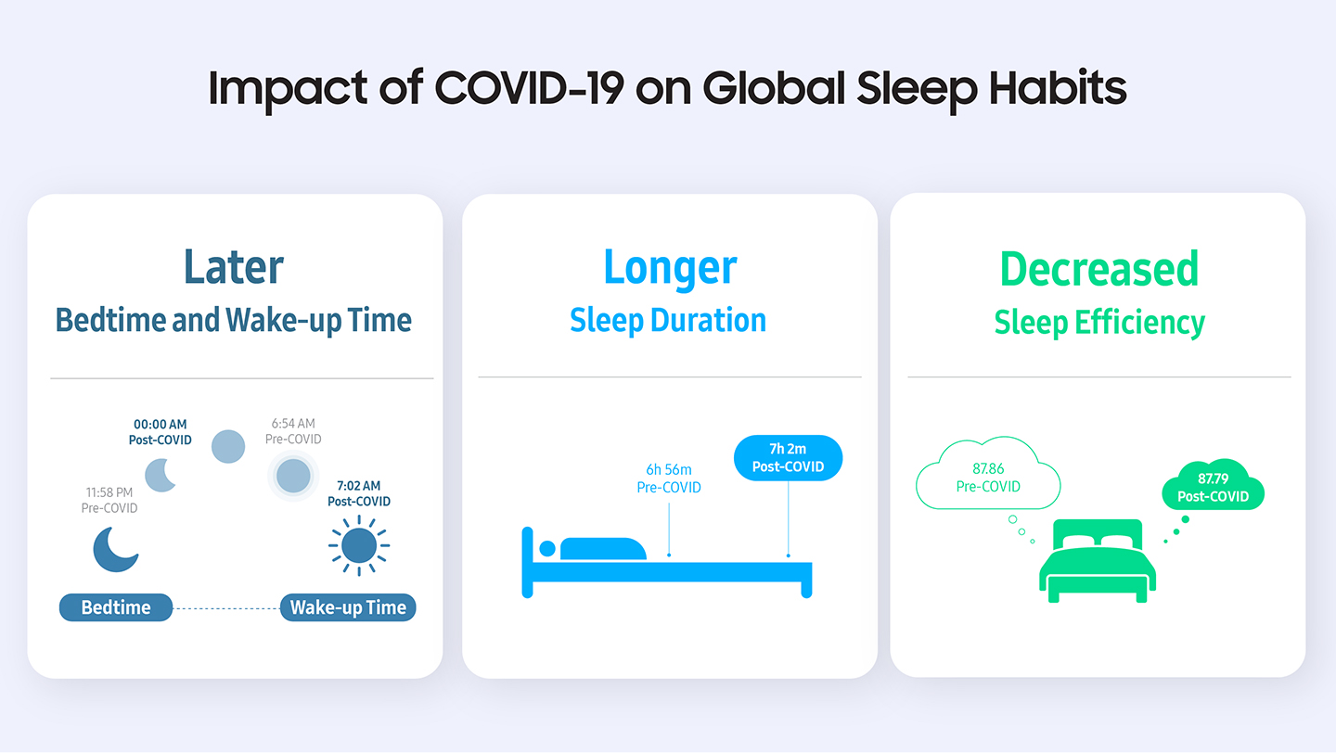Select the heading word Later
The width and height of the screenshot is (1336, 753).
pos(234,267)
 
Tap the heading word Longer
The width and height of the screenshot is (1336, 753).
pos(670,267)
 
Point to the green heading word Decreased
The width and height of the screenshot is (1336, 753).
pos(1098,269)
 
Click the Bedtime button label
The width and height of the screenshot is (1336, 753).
pos(116,607)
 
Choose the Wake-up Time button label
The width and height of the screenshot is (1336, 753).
pos(348,607)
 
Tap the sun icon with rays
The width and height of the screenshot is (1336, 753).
pos(358,546)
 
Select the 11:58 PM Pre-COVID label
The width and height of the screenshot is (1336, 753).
pos(109,500)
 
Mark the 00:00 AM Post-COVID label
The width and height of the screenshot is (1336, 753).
pos(160,432)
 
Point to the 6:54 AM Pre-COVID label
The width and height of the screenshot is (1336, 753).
pos(293,431)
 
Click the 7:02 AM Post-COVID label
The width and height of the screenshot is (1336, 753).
pos(358,493)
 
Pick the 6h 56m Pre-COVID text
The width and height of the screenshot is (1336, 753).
pos(668,479)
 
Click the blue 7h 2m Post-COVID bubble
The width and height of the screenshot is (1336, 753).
pos(788,457)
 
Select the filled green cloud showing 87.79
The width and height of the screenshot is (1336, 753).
pos(1213,487)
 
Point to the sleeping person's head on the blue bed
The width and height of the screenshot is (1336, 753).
pos(547,549)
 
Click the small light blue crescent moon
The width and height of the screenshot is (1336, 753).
pos(161,473)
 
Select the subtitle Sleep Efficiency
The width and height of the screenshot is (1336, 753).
pos(1098,323)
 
